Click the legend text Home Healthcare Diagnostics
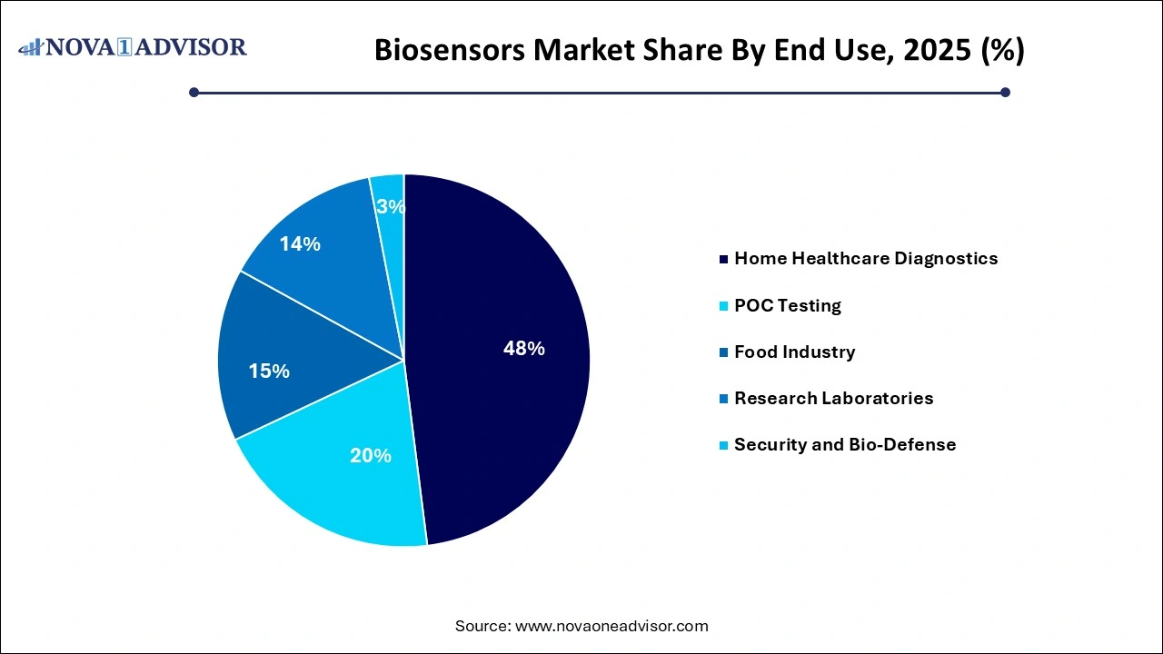point(866,259)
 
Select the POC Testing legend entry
point(787,306)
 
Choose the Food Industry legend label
point(794,352)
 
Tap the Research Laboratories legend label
point(833,399)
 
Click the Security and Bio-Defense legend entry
point(845,445)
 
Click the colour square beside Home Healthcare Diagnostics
point(724,260)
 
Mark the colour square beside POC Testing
point(724,306)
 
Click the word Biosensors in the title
point(449,51)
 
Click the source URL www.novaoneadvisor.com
point(611,626)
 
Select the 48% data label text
point(524,349)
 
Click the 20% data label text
point(371,456)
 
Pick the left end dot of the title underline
point(194,92)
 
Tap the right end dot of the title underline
point(1005,92)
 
